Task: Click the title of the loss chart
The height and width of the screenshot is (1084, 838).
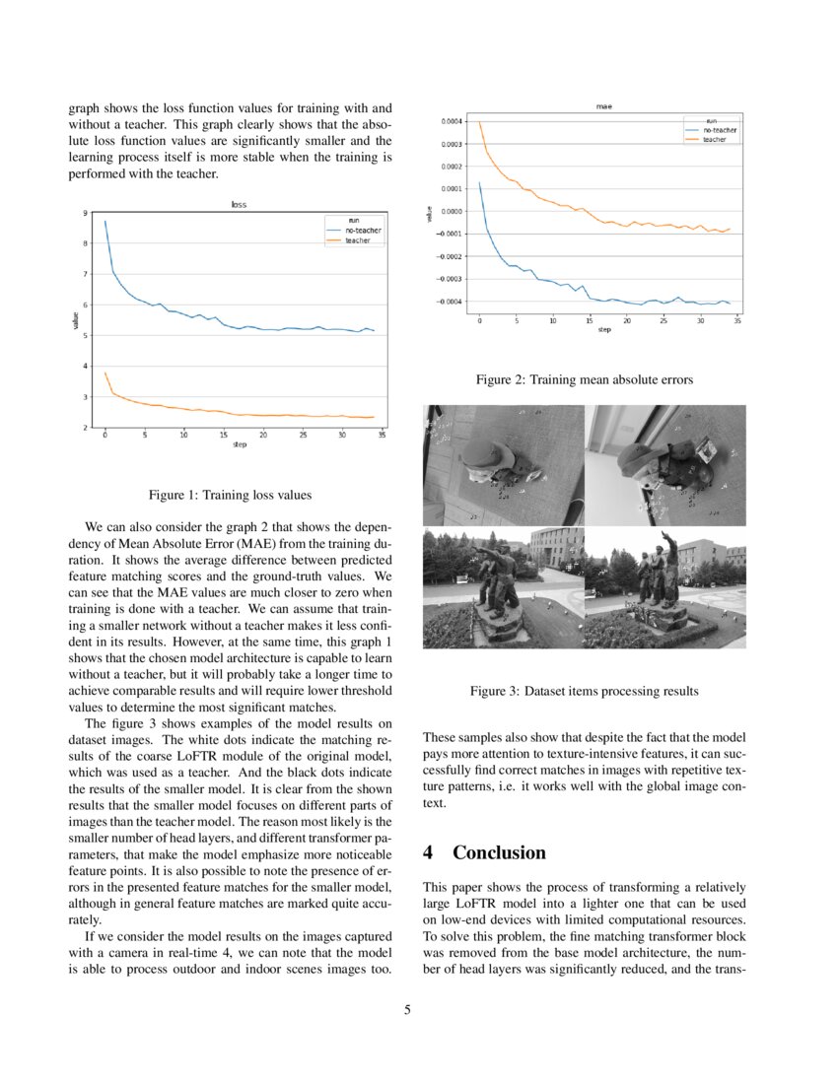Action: pyautogui.click(x=239, y=204)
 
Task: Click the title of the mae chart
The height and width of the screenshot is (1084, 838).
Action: pyautogui.click(x=604, y=106)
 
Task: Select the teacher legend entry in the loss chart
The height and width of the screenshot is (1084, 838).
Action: pyautogui.click(x=358, y=240)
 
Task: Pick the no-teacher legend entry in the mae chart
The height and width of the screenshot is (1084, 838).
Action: pyautogui.click(x=719, y=130)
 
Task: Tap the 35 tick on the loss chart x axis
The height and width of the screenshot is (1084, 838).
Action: pyautogui.click(x=382, y=435)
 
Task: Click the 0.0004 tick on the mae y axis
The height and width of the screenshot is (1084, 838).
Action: pyautogui.click(x=452, y=121)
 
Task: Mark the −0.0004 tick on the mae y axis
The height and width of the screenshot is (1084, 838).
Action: pyautogui.click(x=450, y=302)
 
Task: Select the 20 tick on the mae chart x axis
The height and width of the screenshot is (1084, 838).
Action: pyautogui.click(x=627, y=320)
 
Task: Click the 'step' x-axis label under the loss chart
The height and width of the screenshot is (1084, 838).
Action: pyautogui.click(x=239, y=444)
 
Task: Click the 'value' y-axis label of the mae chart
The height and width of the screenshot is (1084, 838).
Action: pyautogui.click(x=429, y=212)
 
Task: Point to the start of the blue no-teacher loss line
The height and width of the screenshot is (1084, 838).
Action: pyautogui.click(x=105, y=222)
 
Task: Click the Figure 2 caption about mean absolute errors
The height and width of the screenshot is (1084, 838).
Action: pyautogui.click(x=584, y=378)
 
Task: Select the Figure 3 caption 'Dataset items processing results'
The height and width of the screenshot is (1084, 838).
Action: pyautogui.click(x=584, y=691)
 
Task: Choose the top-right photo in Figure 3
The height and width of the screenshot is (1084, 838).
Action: pyautogui.click(x=665, y=465)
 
